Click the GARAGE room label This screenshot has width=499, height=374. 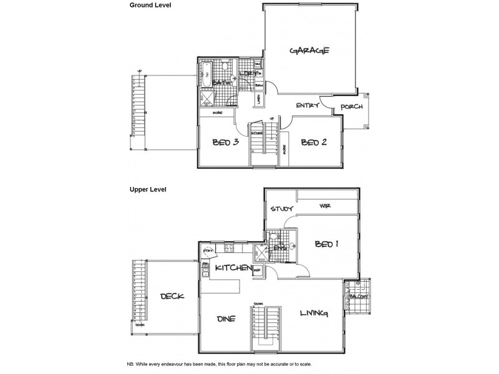point(309,51)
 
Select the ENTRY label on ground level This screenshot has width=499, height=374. point(308,105)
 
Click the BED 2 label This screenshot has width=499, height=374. point(314,142)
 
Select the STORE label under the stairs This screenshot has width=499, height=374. point(256,132)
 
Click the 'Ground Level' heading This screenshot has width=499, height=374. point(150,5)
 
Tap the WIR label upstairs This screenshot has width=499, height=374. point(324,205)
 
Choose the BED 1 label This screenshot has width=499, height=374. point(326,244)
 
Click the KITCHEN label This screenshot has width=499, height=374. point(233,267)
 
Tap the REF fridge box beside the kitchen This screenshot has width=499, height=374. point(258,269)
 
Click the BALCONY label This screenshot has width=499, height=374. point(359,297)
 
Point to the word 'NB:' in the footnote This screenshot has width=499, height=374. point(130,363)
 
